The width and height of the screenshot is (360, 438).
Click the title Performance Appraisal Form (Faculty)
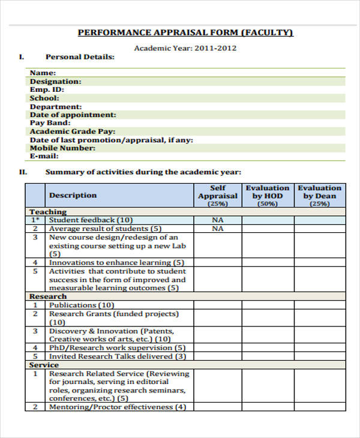tap(185, 32)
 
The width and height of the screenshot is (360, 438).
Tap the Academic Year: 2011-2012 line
tap(185, 48)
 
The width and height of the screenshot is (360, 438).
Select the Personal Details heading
tap(80, 57)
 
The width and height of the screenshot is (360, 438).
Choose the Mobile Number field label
tap(62, 148)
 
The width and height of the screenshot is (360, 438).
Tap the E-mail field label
tap(44, 157)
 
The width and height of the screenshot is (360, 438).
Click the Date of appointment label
tap(73, 115)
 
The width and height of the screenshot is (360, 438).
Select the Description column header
tap(73, 195)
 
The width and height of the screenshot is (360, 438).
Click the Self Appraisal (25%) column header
tap(217, 196)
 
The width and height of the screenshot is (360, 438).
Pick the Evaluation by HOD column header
tap(268, 196)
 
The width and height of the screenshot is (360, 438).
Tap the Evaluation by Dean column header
tap(319, 196)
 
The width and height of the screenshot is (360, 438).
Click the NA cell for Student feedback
tap(217, 220)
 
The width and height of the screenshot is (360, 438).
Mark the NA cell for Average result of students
tap(217, 229)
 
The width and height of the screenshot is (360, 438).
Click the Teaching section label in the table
tap(48, 212)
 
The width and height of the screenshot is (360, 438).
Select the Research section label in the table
tap(48, 296)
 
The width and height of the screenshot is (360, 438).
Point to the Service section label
tap(44, 365)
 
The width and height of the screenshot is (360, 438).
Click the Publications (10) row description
tap(81, 305)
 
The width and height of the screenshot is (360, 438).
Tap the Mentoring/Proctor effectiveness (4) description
tap(118, 407)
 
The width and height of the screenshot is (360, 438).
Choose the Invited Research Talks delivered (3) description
tap(118, 356)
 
